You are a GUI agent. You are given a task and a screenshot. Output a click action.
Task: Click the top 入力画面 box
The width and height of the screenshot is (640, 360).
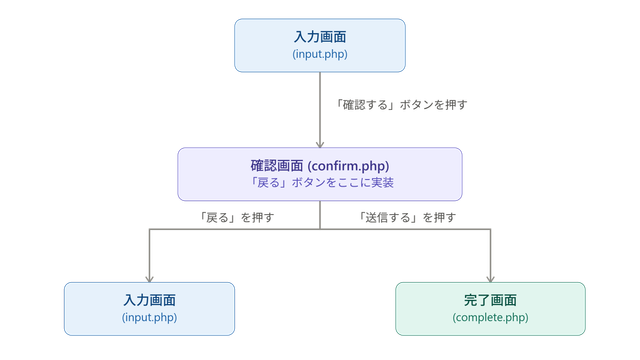[320, 45]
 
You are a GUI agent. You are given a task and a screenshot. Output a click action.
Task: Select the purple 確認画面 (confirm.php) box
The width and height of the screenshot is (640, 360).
[320, 174]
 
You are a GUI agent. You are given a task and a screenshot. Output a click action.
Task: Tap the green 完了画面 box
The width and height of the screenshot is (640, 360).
[490, 309]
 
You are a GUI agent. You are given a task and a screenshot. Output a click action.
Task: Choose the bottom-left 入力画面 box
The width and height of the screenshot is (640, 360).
[149, 309]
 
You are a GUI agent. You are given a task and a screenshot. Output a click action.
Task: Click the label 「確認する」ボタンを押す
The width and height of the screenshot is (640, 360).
[400, 105]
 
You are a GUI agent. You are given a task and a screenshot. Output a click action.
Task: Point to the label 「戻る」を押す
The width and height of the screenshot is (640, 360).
[236, 218]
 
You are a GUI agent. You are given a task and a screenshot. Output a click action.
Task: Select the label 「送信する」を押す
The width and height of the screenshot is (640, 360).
[407, 218]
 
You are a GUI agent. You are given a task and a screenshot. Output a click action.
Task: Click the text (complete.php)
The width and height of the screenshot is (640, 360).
[490, 318]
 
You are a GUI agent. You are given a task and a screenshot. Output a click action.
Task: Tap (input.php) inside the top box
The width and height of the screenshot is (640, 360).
[320, 54]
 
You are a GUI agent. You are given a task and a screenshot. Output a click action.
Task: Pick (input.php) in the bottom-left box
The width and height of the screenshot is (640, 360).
[149, 318]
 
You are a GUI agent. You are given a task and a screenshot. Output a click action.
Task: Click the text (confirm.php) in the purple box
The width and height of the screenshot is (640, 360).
[348, 166]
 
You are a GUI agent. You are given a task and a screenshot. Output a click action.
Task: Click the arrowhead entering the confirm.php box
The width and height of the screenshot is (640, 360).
[320, 144]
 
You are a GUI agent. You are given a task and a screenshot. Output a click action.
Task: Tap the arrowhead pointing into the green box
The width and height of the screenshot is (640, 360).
[490, 279]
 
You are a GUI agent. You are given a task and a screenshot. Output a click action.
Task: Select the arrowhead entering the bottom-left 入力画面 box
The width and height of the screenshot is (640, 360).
[149, 279]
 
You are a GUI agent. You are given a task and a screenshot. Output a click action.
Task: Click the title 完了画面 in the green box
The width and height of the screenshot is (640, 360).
[490, 300]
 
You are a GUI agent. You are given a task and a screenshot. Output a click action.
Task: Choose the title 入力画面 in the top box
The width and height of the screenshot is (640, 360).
[320, 37]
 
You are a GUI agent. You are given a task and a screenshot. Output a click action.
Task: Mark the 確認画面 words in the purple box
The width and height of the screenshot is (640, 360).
[277, 166]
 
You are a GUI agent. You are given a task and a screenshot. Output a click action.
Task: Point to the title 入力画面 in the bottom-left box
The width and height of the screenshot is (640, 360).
[149, 300]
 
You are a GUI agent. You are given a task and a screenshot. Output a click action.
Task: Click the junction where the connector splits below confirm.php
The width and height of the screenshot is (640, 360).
[320, 229]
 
